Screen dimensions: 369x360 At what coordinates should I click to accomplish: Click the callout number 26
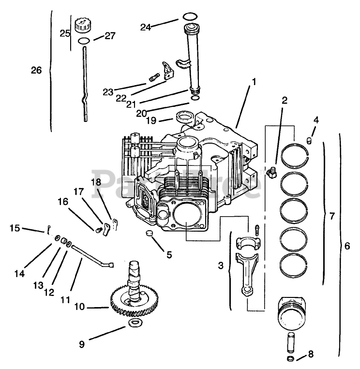[x=37, y=70]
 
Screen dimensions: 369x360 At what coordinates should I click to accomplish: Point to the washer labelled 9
[x=134, y=323]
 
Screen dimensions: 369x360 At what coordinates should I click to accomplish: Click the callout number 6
[x=346, y=246]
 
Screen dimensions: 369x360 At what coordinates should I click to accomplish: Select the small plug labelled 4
[x=308, y=140]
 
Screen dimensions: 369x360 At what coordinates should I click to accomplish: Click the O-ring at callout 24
[x=191, y=15]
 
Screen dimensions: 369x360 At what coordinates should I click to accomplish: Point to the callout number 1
[x=253, y=82]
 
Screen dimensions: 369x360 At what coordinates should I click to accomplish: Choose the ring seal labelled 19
[x=184, y=117]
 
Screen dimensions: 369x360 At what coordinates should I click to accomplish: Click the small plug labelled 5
[x=149, y=234]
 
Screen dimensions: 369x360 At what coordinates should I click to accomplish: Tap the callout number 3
[x=221, y=266]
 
